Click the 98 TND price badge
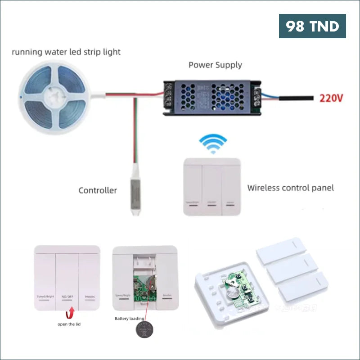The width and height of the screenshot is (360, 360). tap(312, 26)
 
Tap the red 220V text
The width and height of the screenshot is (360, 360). tap(332, 98)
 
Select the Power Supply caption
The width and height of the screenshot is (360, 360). tap(215, 65)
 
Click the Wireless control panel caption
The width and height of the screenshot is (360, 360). tap(291, 188)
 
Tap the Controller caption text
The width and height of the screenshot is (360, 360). tap(98, 190)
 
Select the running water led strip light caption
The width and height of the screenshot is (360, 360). tap(66, 52)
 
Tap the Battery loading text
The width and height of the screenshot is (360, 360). tap(130, 319)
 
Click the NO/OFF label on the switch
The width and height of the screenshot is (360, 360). tap(67, 297)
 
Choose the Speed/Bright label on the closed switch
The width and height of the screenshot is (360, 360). tap(45, 297)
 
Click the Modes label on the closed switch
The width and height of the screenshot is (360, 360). tap(90, 297)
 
